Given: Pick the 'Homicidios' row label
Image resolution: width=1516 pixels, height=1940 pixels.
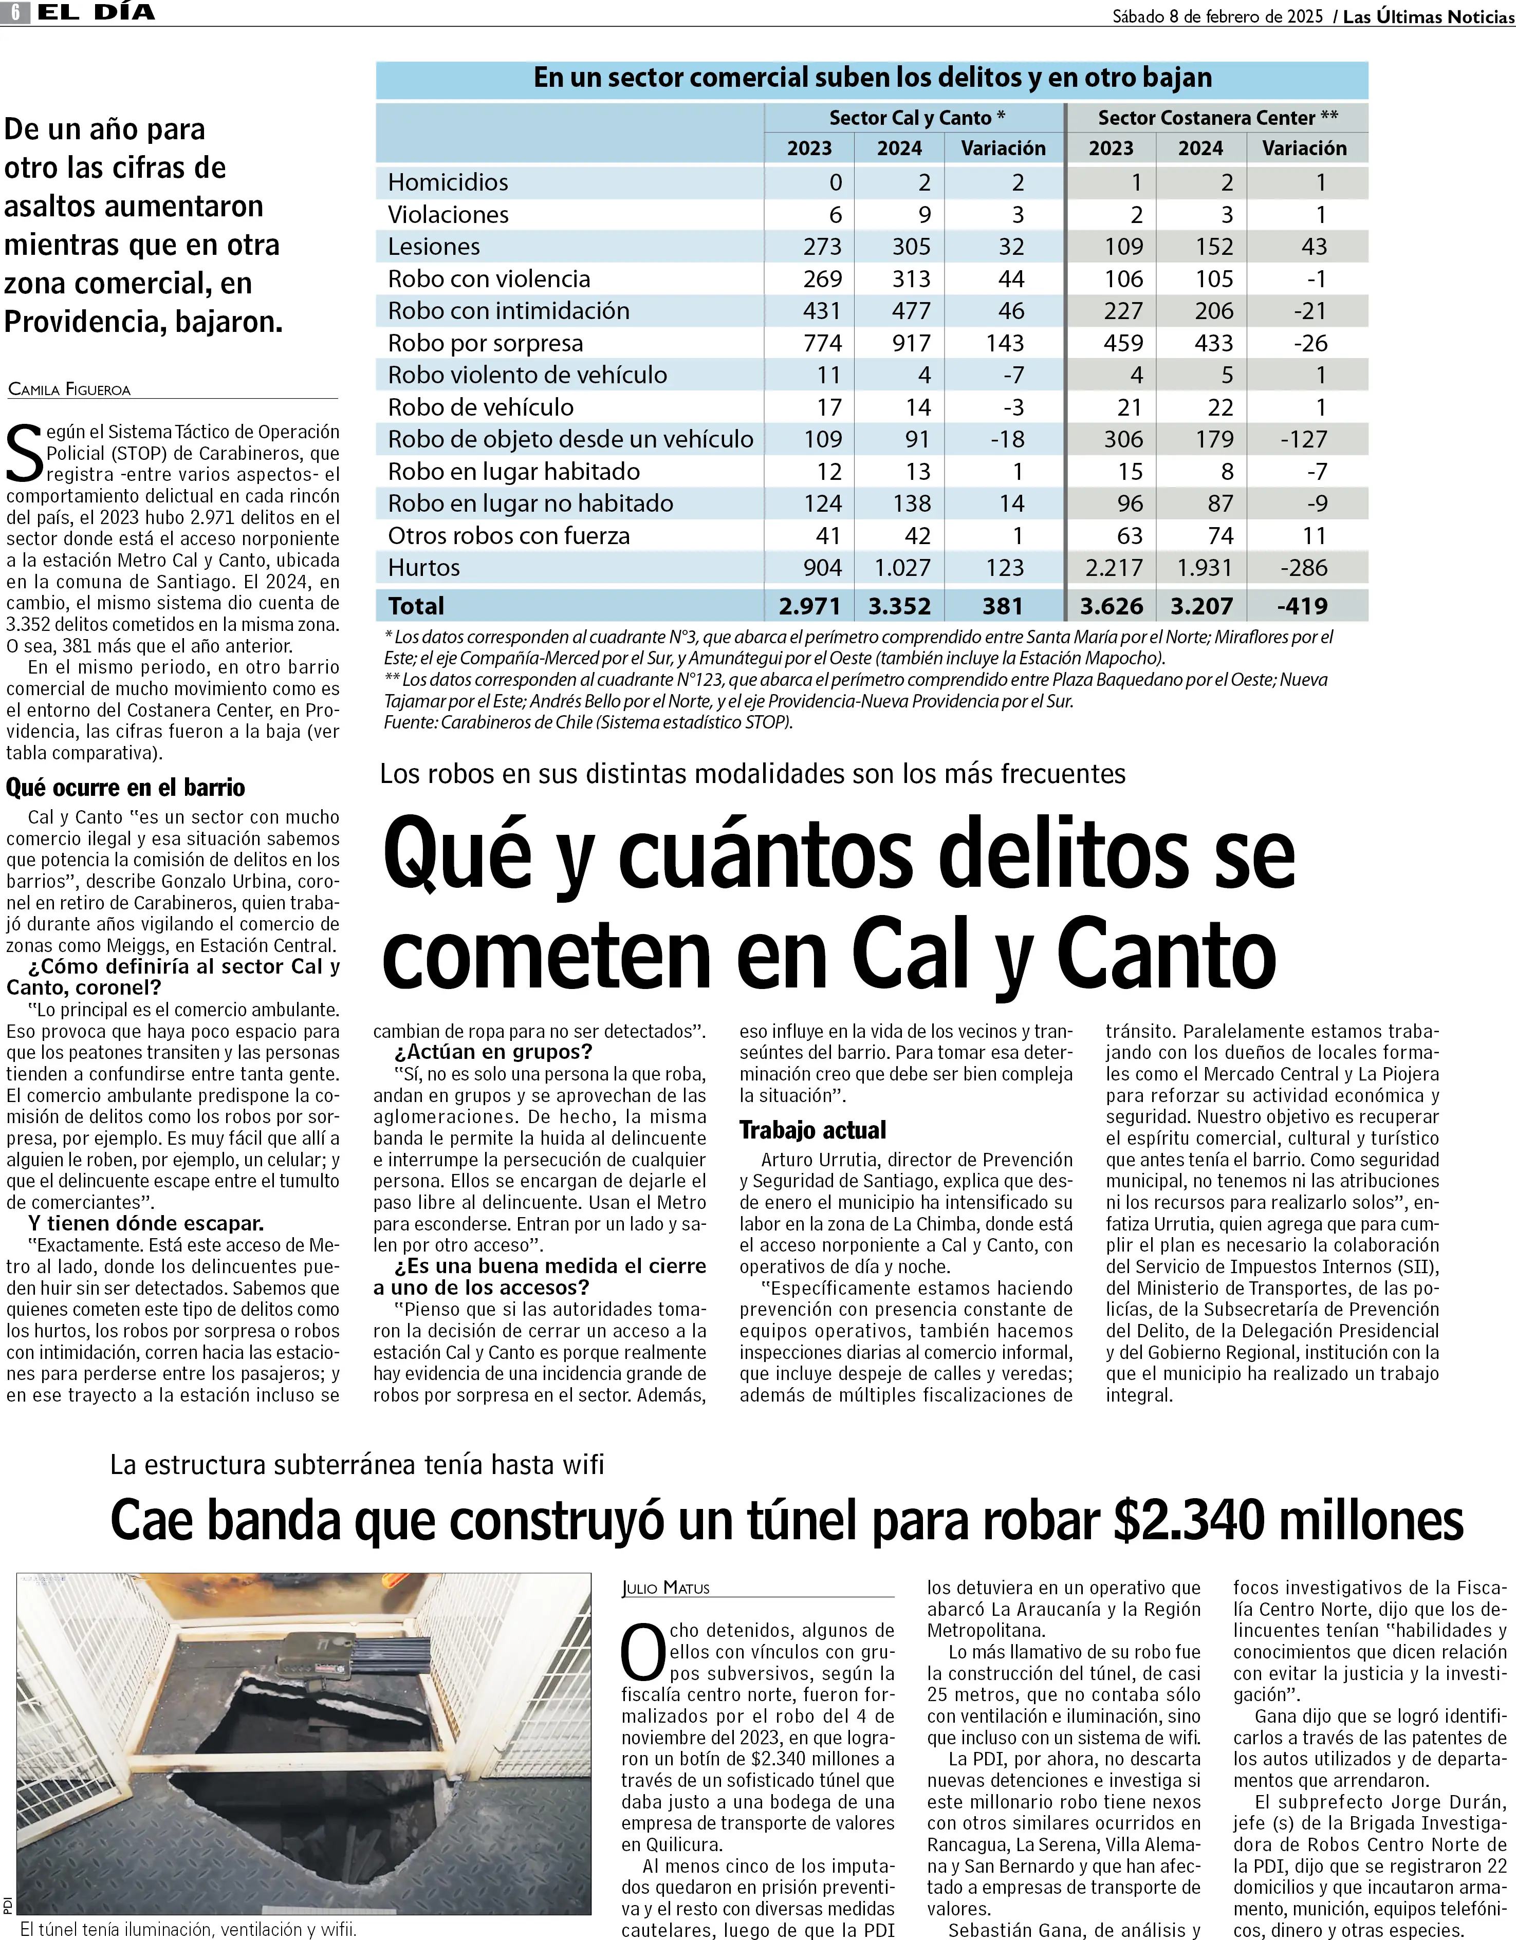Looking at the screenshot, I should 448,182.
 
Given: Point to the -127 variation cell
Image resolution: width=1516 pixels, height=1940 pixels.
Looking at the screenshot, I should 1304,439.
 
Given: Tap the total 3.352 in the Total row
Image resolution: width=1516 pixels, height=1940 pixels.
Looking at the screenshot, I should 899,606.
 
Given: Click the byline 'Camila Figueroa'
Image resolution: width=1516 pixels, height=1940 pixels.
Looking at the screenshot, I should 69,389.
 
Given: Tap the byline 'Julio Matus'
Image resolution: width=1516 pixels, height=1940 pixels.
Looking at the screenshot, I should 665,1588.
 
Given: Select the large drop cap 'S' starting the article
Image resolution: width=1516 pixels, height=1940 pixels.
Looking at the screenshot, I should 24,453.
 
